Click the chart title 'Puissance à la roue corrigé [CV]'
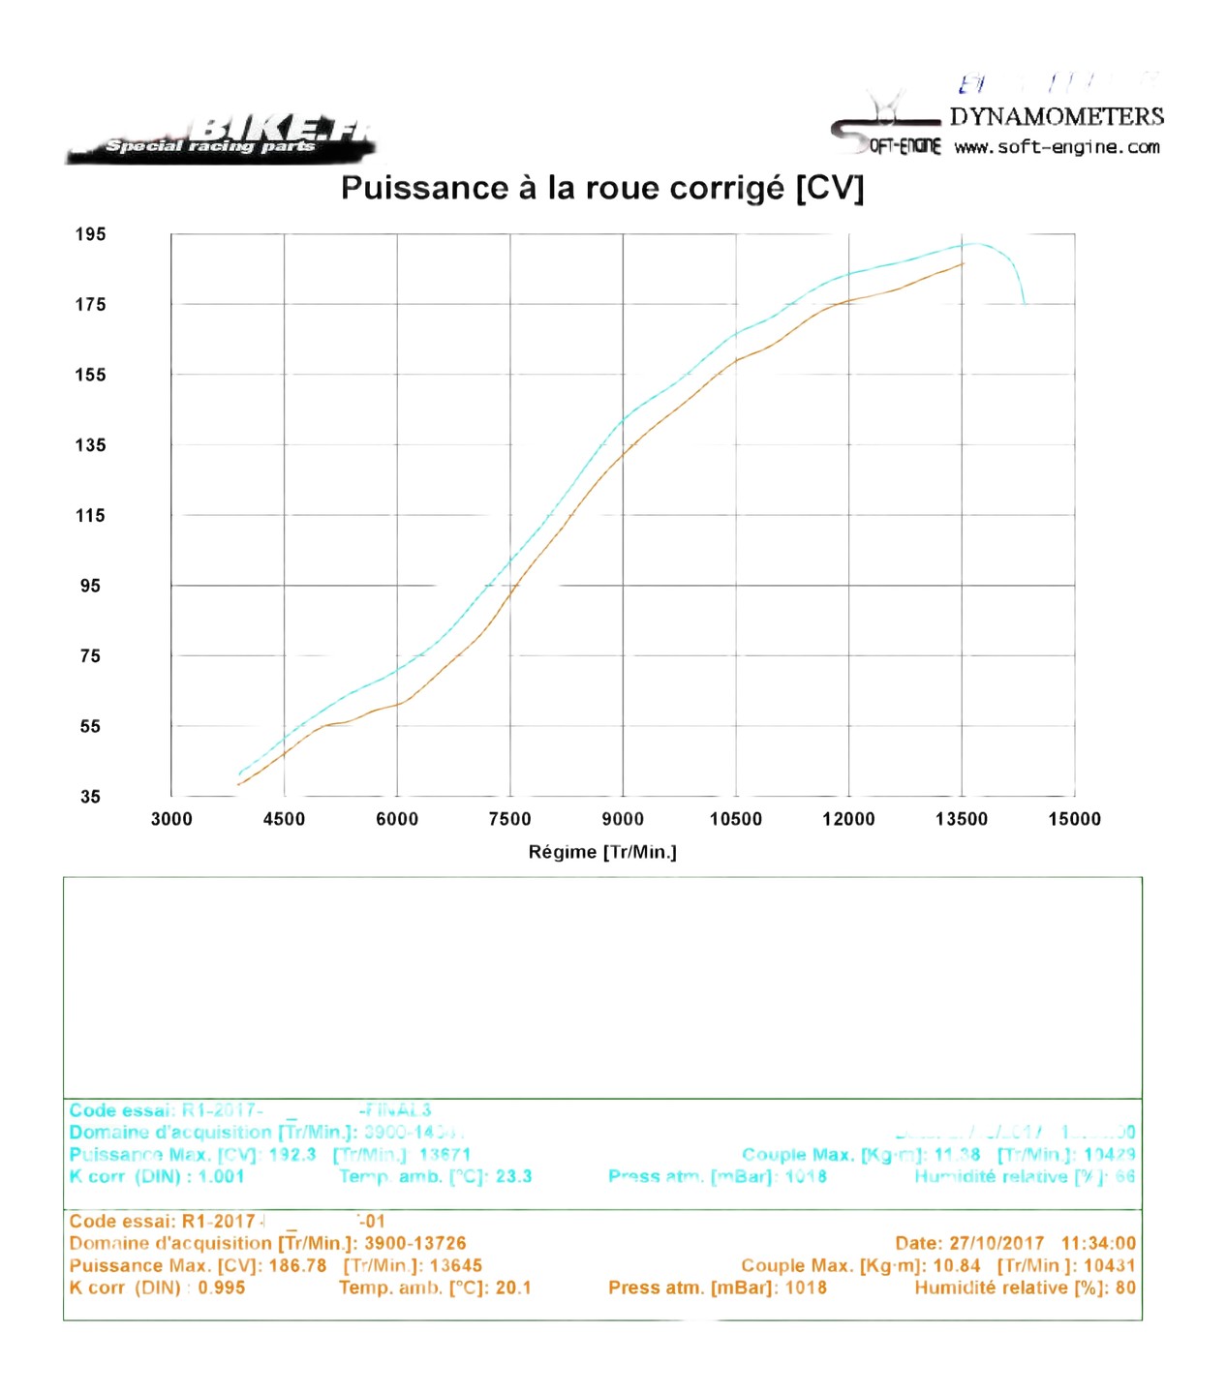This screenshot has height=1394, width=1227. point(601,188)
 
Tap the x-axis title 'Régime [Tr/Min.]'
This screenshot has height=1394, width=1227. point(602,852)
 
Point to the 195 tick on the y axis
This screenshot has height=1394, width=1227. point(90,234)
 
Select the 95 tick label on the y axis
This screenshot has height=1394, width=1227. point(90,586)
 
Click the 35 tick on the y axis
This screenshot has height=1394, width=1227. point(90,797)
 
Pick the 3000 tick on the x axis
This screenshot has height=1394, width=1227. point(171,819)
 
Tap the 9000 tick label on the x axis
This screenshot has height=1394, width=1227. point(623,819)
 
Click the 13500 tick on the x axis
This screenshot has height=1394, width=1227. point(962,819)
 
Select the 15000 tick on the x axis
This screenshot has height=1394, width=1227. point(1074,819)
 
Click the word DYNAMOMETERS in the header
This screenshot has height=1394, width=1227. point(1057,117)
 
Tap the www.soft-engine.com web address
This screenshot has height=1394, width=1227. point(1057,148)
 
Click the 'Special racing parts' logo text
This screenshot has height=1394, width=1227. point(210,146)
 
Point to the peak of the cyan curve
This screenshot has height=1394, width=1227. point(975,244)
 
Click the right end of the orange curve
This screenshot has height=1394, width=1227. point(963,263)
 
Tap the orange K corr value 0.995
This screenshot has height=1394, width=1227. point(222,1288)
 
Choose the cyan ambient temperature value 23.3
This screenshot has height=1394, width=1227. point(513,1176)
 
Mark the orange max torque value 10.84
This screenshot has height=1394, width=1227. point(957,1265)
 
